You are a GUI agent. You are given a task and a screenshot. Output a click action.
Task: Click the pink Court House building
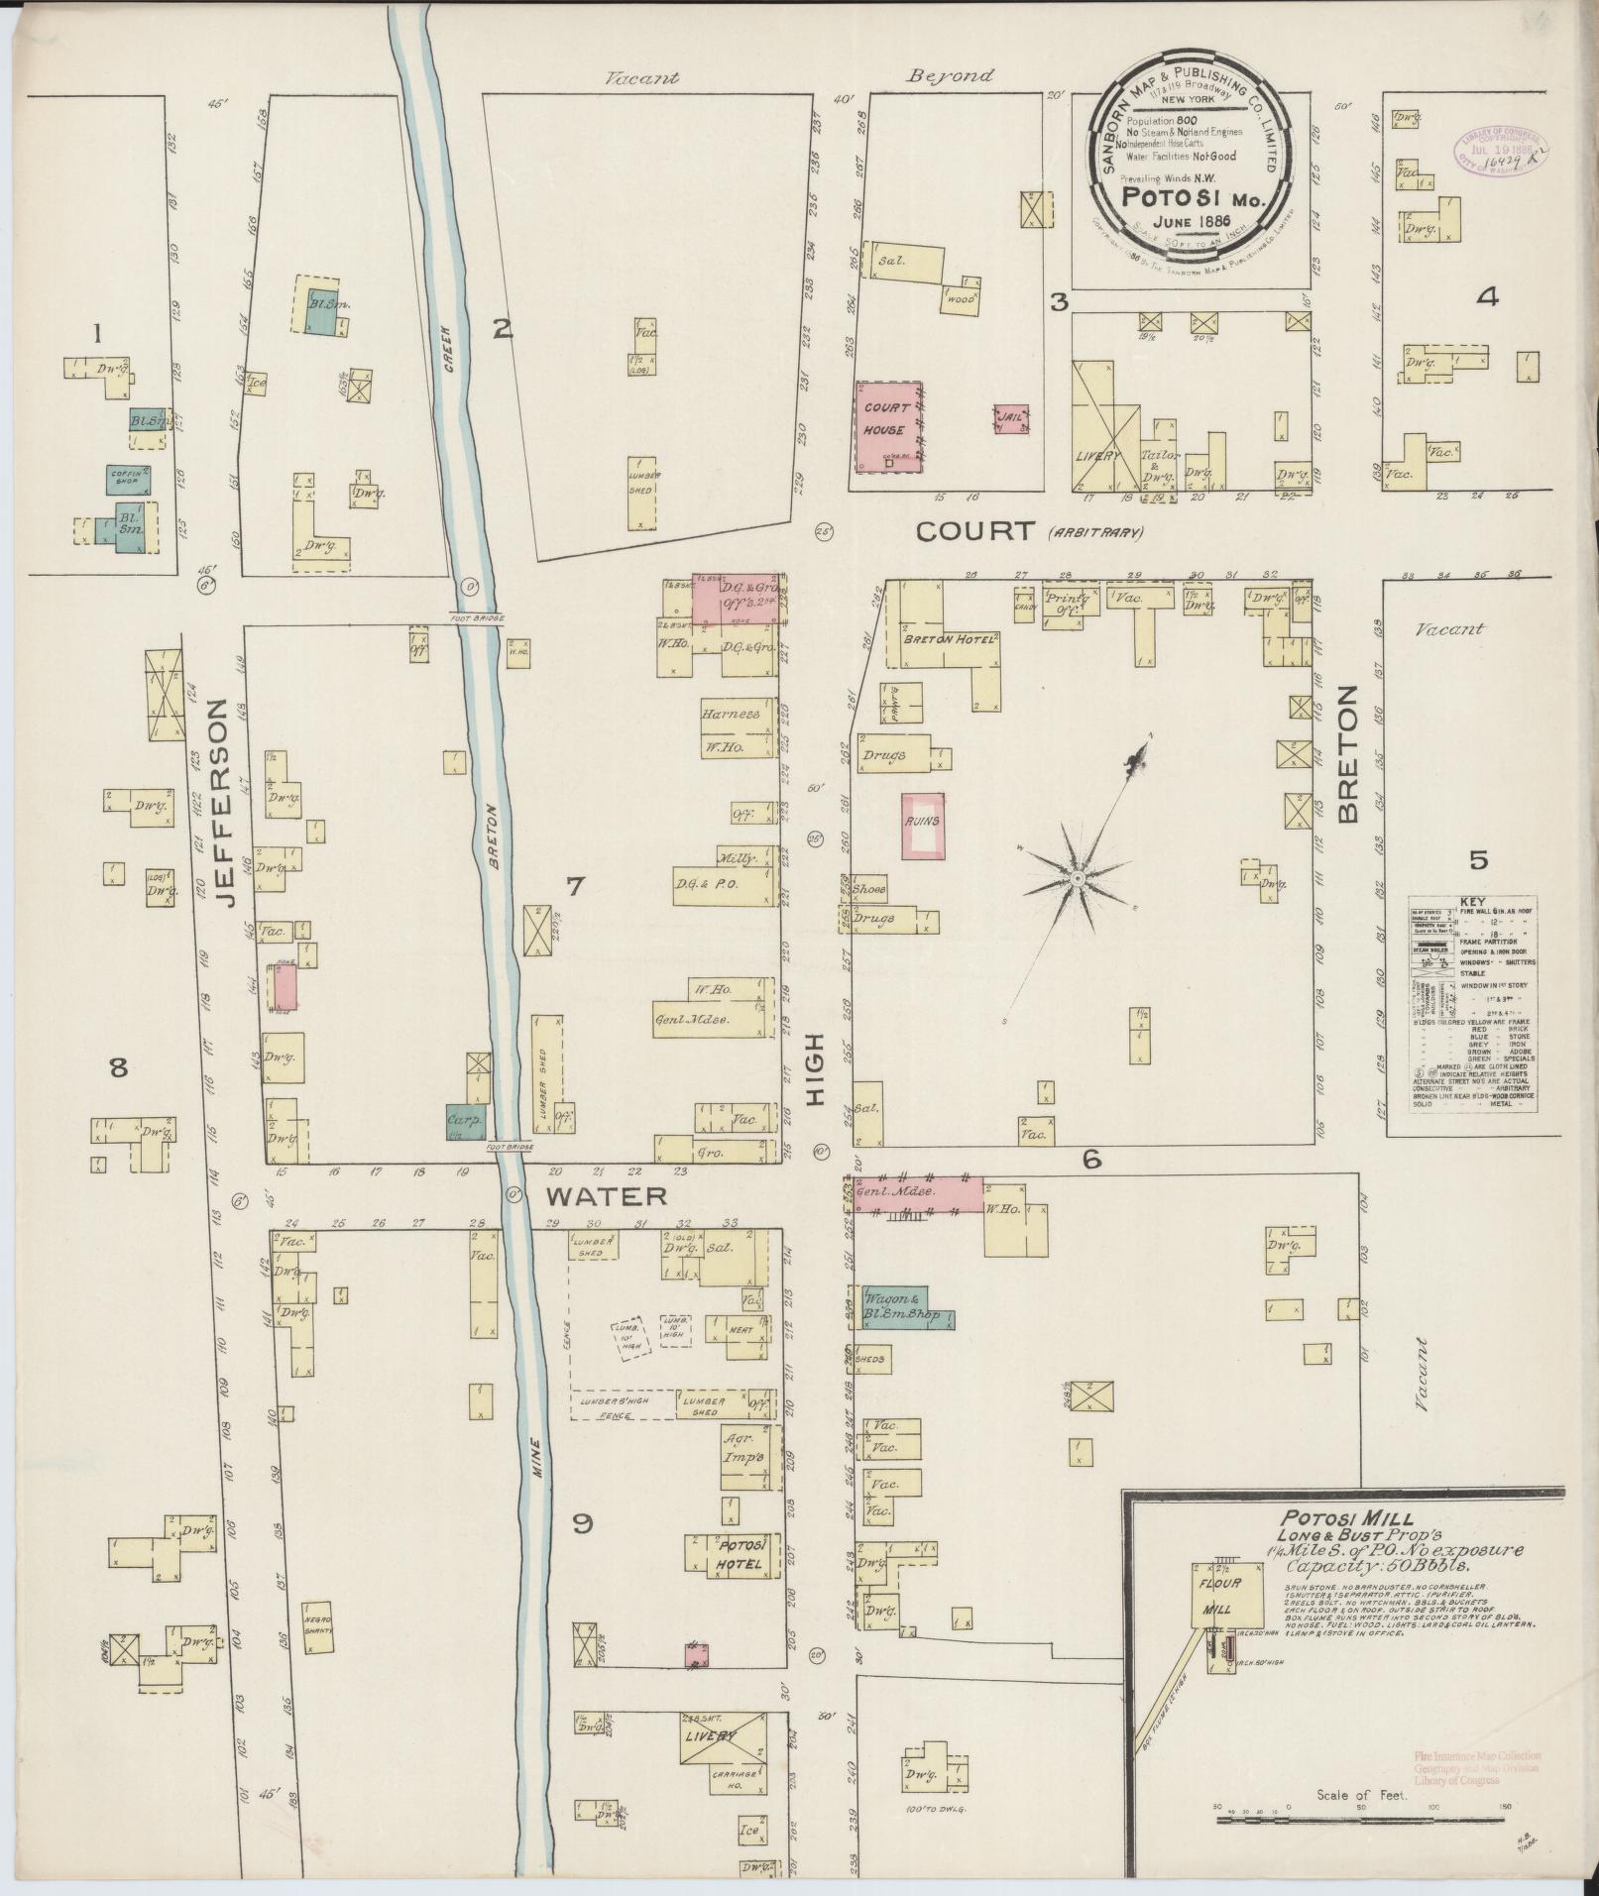pyautogui.click(x=889, y=426)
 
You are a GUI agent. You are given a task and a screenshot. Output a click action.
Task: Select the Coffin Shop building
pyautogui.click(x=128, y=479)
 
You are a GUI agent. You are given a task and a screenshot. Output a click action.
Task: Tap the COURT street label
pyautogui.click(x=974, y=531)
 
